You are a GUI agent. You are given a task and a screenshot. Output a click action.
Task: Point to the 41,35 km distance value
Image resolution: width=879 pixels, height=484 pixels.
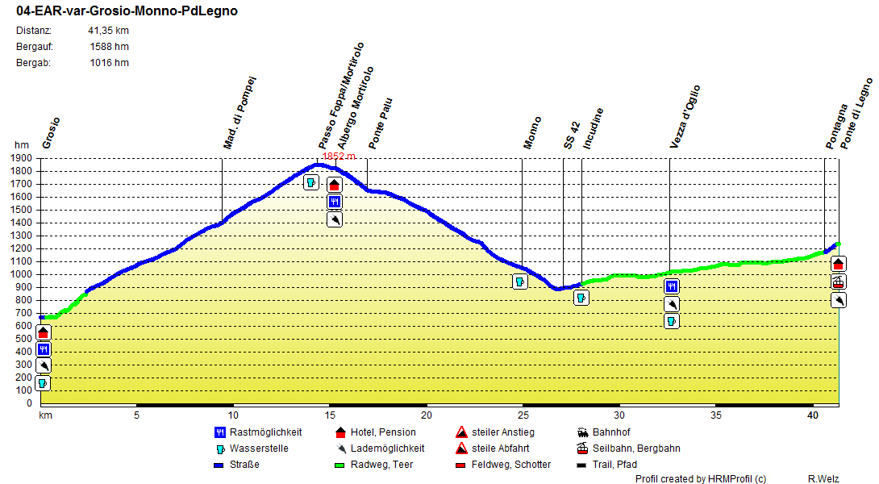pos(108,31)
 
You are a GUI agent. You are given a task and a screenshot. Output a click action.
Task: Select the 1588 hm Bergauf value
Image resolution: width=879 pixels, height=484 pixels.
pos(109,47)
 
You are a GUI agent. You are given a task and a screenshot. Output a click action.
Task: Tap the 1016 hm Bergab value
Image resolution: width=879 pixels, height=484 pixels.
pos(109,63)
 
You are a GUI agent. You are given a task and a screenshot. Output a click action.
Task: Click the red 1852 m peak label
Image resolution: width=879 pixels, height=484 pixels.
pos(339,156)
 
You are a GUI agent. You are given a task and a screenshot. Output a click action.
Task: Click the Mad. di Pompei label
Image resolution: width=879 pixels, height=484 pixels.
pos(240,113)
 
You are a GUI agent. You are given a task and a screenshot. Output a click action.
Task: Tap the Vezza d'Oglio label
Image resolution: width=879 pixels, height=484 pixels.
pos(685,117)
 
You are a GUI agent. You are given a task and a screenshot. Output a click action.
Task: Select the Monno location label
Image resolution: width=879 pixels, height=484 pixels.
pos(532,132)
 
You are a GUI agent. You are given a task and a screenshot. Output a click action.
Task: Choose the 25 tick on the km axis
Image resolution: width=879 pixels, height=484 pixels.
pos(523,415)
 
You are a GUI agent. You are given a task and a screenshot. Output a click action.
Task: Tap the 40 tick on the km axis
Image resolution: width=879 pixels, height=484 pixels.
pos(813,415)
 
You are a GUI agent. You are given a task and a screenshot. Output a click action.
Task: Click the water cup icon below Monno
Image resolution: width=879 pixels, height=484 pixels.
pos(520,282)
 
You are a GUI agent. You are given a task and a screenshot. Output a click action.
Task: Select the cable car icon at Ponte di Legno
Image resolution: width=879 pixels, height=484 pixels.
pos(839,282)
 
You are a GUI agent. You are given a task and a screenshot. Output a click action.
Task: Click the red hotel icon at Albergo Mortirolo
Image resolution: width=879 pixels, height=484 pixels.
pos(335,185)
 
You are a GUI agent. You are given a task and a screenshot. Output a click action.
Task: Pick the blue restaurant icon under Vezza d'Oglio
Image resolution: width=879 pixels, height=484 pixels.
pos(672,286)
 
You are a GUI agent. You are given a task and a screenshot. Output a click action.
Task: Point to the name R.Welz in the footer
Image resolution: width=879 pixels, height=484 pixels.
pos(823,479)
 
